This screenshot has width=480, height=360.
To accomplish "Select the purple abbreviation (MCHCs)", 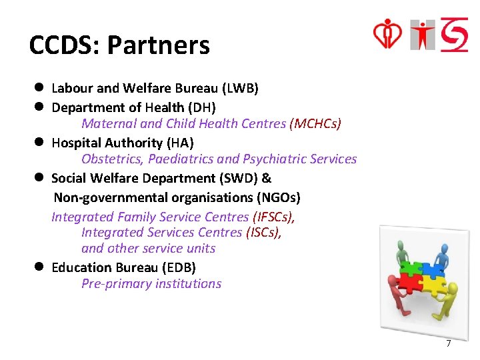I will [x=315, y=123].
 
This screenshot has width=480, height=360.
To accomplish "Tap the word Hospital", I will [x=75, y=143].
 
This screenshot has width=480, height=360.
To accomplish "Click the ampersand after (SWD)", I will [x=267, y=178].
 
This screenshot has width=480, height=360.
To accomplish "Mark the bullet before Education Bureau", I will [x=40, y=267].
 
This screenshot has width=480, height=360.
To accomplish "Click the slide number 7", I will [x=448, y=343].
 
